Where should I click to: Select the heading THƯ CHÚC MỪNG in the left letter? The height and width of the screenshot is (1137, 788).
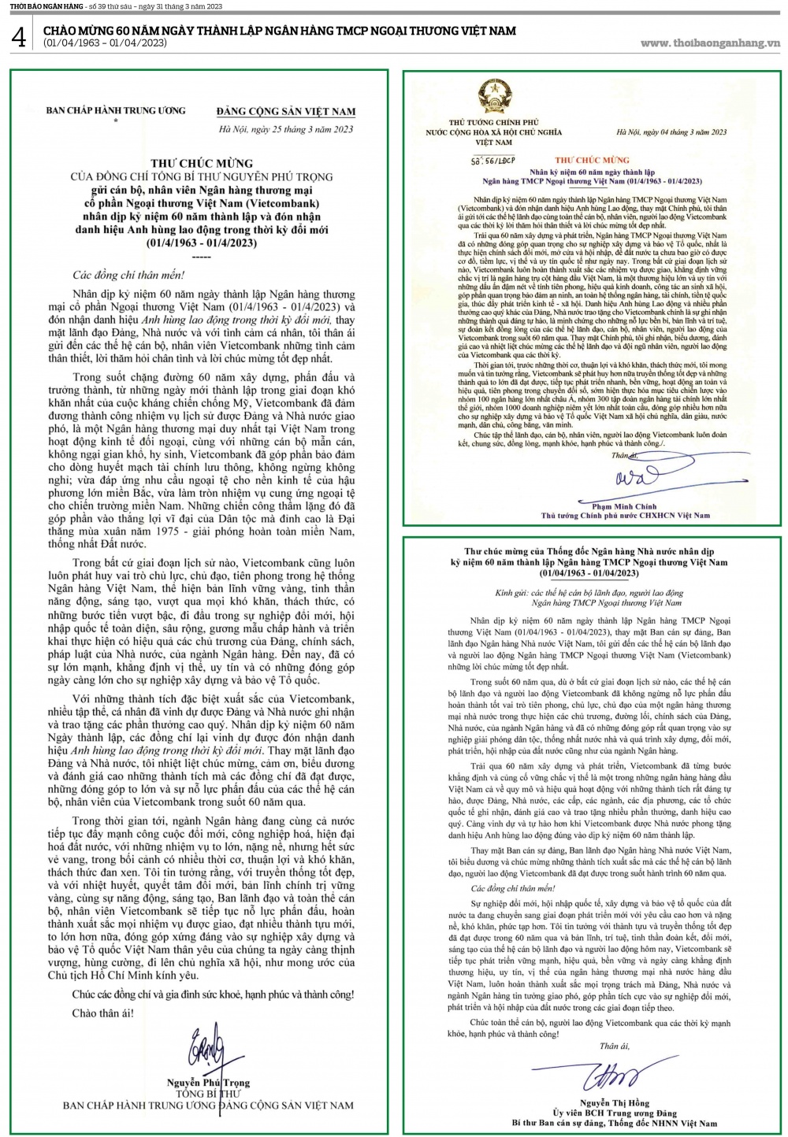[x=202, y=164]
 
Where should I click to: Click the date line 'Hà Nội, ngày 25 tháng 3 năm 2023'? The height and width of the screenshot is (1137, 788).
[x=285, y=129]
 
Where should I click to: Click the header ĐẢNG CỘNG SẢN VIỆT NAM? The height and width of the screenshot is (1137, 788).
[x=286, y=111]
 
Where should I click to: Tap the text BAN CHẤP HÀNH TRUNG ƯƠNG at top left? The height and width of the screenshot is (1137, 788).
[x=116, y=110]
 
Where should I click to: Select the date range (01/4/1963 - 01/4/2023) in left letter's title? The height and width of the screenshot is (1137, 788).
[x=202, y=243]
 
